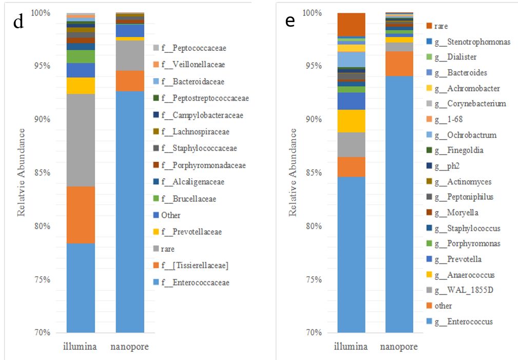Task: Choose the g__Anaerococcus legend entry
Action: click(x=464, y=275)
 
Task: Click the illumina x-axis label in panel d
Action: click(x=80, y=347)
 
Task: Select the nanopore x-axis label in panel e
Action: click(x=399, y=347)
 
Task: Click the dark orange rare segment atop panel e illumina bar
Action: click(x=351, y=24)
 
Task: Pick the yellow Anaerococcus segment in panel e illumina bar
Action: click(x=351, y=121)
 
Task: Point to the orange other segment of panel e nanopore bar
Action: click(x=399, y=63)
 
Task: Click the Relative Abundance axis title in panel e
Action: click(x=293, y=172)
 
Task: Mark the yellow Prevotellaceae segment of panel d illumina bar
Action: click(x=81, y=85)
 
